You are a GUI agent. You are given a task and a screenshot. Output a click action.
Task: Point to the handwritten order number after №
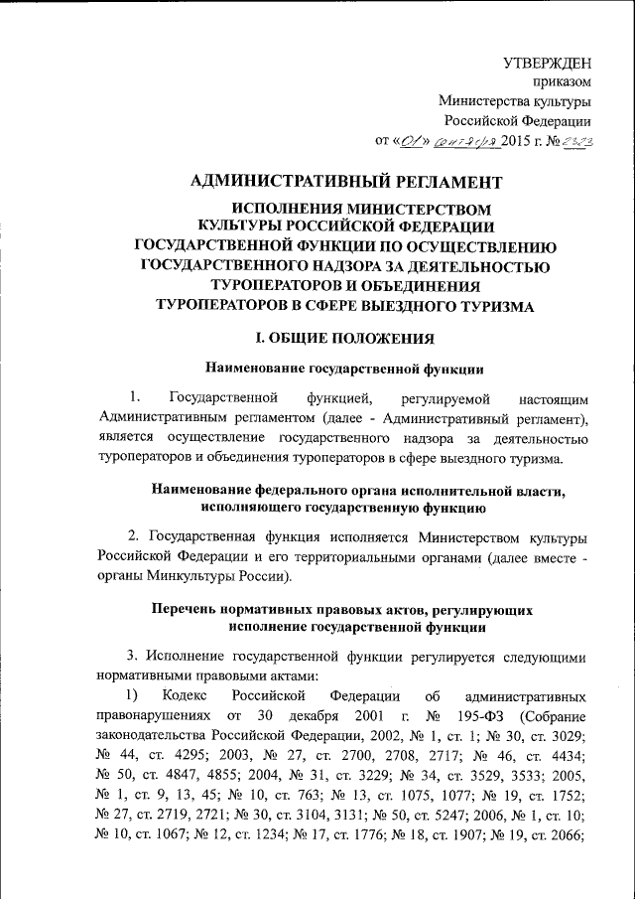pos(577,141)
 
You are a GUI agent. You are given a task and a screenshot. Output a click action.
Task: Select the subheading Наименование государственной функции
pos(342,370)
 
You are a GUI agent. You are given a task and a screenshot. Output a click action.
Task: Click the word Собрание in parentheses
pos(557,715)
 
